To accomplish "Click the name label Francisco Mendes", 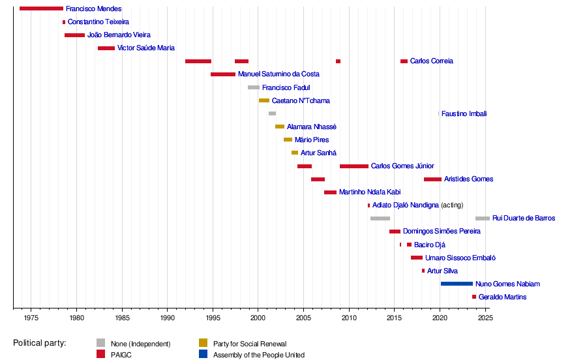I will [93, 9].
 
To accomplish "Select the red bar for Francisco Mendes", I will [41, 8].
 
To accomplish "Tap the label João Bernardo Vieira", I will [119, 35].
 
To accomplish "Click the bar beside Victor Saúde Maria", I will [106, 48].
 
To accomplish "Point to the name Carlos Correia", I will [431, 61].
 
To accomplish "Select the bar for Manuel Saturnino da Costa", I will [223, 74].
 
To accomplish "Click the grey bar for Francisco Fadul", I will [254, 87].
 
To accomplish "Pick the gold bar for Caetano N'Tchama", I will [264, 100].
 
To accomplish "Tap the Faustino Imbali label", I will [464, 113].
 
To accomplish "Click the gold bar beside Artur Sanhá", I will [295, 153].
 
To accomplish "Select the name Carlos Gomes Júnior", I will [402, 166].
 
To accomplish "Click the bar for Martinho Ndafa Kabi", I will [330, 192].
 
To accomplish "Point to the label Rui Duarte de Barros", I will [524, 218].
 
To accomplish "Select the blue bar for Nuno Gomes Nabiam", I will [457, 284].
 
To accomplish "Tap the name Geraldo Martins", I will [502, 297].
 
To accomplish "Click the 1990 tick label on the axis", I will [168, 318].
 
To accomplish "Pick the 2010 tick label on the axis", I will [349, 318].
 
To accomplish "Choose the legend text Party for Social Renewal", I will [250, 344].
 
